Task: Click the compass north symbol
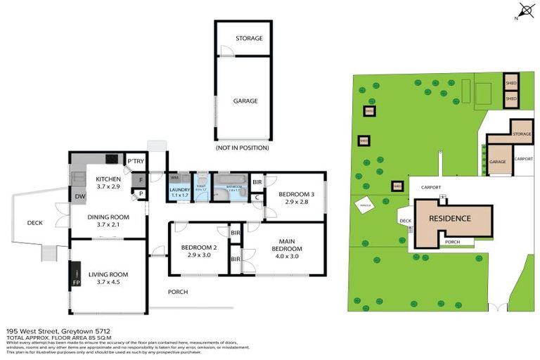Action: [524, 10]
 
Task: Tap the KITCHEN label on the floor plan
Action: [109, 179]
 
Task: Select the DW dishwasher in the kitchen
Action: [80, 197]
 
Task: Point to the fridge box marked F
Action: [141, 180]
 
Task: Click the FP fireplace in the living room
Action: [76, 282]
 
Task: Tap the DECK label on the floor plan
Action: [35, 223]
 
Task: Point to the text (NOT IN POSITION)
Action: [242, 149]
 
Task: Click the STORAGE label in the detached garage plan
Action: [249, 38]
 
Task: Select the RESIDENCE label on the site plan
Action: [450, 219]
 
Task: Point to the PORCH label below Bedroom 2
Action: [177, 292]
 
